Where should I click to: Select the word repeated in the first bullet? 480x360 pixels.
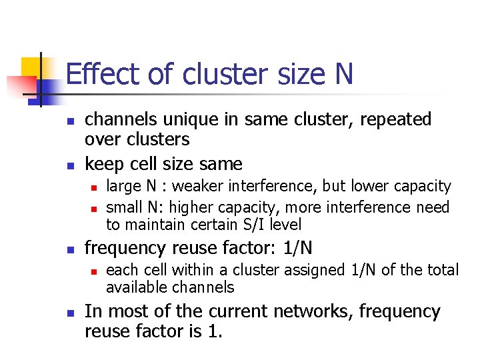395,119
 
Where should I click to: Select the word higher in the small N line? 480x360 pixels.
204,207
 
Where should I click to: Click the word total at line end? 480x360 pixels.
442,270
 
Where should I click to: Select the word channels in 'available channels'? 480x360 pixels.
203,287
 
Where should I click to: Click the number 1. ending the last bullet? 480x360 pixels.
214,331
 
